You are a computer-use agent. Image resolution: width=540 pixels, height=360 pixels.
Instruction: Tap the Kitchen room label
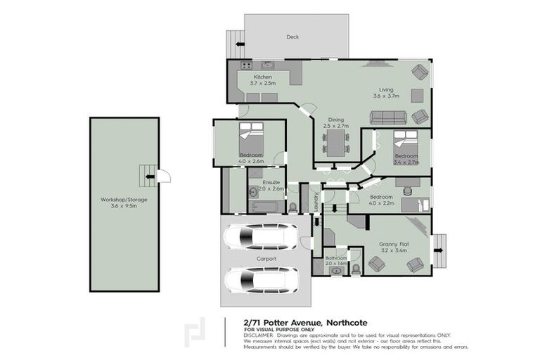[263, 77]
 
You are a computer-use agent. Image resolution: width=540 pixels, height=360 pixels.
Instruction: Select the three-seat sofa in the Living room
[388, 117]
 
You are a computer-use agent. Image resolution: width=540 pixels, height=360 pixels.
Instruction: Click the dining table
[336, 144]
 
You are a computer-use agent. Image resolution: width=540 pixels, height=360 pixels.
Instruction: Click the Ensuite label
[270, 181]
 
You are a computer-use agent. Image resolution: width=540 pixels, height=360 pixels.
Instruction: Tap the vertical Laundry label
[316, 202]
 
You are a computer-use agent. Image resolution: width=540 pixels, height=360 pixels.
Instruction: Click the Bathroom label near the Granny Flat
[336, 258]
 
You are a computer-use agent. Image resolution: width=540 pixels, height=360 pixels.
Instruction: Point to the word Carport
[266, 259]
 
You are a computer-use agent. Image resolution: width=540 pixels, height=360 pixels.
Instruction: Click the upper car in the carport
[260, 237]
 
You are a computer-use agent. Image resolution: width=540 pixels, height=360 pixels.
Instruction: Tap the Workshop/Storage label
[124, 199]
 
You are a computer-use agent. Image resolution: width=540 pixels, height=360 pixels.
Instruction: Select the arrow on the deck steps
[240, 45]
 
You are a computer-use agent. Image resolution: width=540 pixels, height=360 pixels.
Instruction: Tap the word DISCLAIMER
[258, 335]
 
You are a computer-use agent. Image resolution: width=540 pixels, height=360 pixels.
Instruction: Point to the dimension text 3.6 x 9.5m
[124, 206]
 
